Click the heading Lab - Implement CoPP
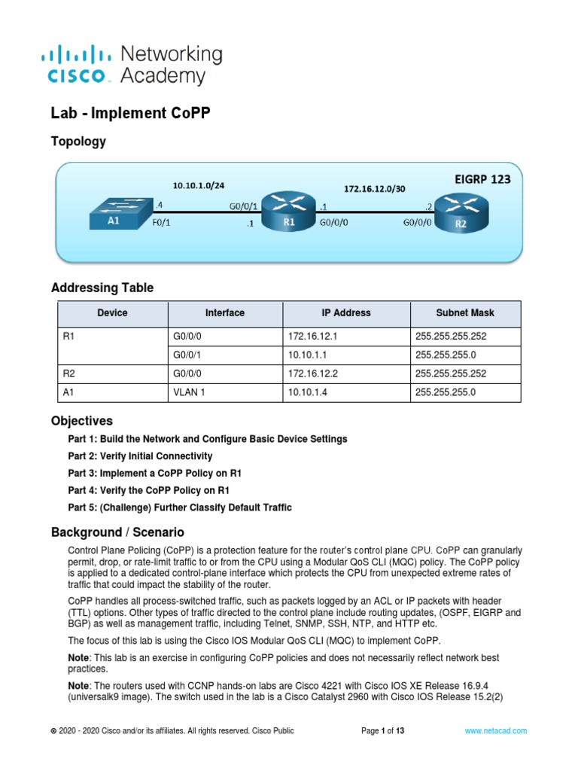[130, 114]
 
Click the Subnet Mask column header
[465, 312]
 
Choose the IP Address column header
[346, 312]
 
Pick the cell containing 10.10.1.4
[307, 392]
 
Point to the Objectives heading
[82, 421]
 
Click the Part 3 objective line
[154, 473]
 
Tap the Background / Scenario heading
[117, 532]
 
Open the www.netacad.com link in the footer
[495, 730]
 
